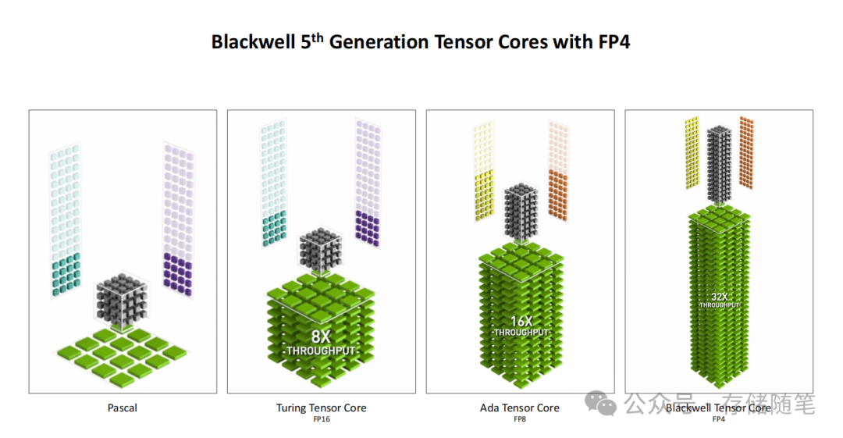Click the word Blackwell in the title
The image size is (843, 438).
pyautogui.click(x=253, y=42)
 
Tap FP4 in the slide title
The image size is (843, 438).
pyautogui.click(x=613, y=42)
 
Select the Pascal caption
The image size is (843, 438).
pyautogui.click(x=123, y=408)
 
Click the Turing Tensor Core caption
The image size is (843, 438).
pyautogui.click(x=321, y=408)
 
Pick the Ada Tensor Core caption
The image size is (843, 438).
pyautogui.click(x=520, y=408)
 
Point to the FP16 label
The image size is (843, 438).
pyautogui.click(x=321, y=419)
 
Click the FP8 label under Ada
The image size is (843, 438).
pyautogui.click(x=520, y=419)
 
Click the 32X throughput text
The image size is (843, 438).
pyautogui.click(x=719, y=299)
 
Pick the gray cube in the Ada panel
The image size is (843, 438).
pyautogui.click(x=521, y=210)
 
